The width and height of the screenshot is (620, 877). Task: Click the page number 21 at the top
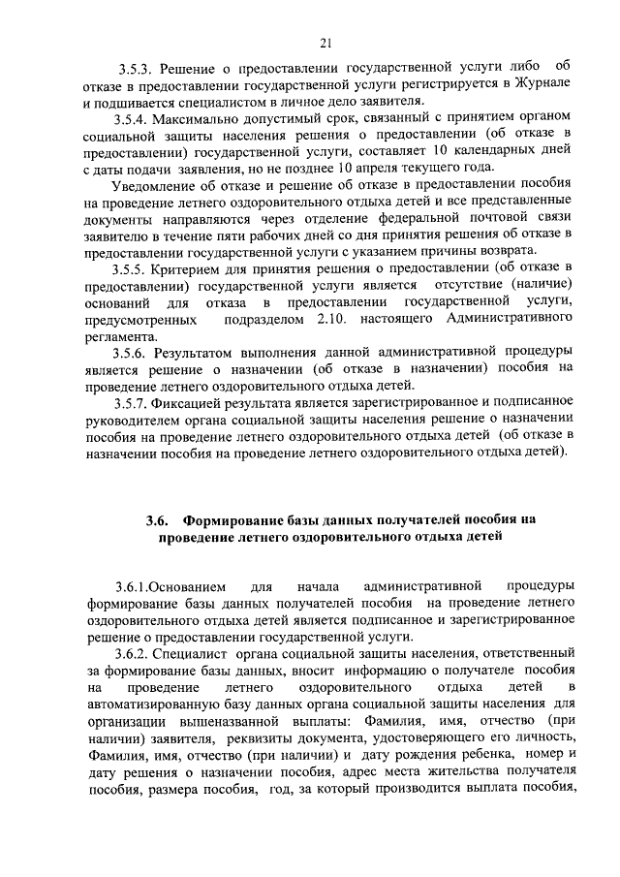[325, 41]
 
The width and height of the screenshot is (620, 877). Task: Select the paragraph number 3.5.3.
[137, 70]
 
